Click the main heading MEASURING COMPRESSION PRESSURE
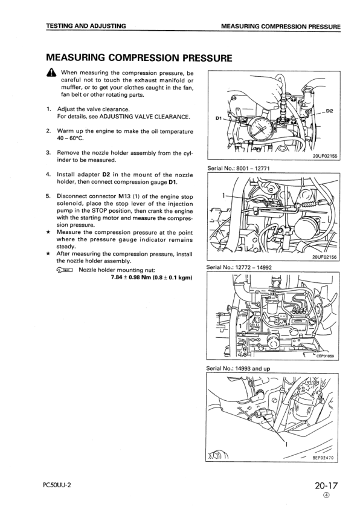point(139,58)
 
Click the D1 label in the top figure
point(219,118)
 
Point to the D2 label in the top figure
point(329,111)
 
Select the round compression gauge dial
point(260,128)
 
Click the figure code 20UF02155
point(324,156)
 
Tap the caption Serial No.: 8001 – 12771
point(239,168)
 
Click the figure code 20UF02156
point(324,257)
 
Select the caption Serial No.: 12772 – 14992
point(239,267)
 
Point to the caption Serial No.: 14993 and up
point(238,368)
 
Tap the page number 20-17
point(326,485)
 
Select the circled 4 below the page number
point(326,495)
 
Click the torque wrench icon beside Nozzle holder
point(65,270)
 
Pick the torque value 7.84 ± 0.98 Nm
point(132,277)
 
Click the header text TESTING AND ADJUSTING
point(86,26)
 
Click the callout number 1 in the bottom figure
point(286,444)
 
